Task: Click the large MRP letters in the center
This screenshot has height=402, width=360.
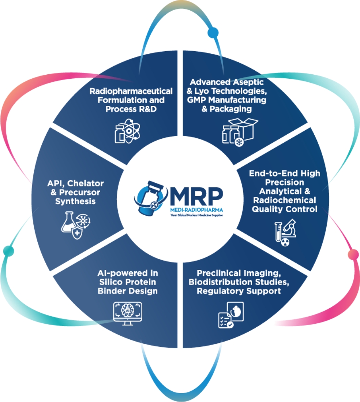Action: click(x=195, y=194)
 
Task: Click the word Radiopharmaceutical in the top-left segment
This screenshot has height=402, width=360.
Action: click(x=131, y=90)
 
